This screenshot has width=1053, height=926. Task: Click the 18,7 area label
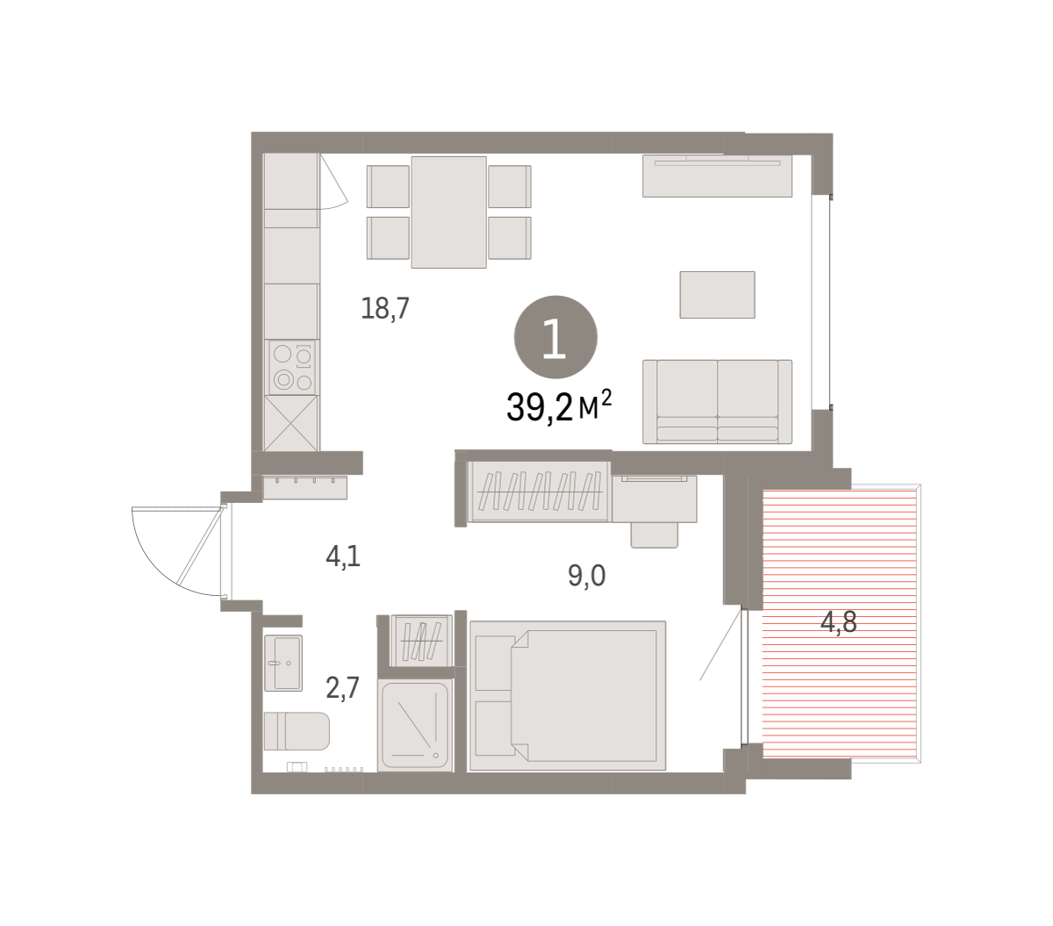tap(385, 309)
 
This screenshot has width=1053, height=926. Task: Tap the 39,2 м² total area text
tap(559, 406)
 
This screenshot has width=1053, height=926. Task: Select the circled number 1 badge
tap(555, 337)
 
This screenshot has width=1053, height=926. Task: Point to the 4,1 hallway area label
tap(343, 556)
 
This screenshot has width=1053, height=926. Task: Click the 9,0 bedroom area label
tap(587, 576)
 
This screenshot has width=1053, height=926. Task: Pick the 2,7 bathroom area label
tap(342, 687)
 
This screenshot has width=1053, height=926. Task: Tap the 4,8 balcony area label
tap(838, 621)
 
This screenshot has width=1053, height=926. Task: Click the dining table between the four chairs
tap(448, 212)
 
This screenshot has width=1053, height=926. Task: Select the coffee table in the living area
tap(717, 294)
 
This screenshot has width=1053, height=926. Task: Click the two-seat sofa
tap(717, 401)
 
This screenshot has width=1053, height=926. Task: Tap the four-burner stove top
tap(292, 367)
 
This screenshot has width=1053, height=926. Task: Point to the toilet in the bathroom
tap(297, 730)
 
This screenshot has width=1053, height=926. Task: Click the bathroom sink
tap(283, 663)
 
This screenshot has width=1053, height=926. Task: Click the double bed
tap(568, 695)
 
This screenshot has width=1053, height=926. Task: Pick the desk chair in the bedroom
tap(654, 535)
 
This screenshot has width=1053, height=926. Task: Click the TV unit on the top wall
tap(717, 176)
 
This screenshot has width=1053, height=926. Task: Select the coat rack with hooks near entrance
tap(305, 487)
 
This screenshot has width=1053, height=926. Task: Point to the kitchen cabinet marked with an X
tap(291, 423)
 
